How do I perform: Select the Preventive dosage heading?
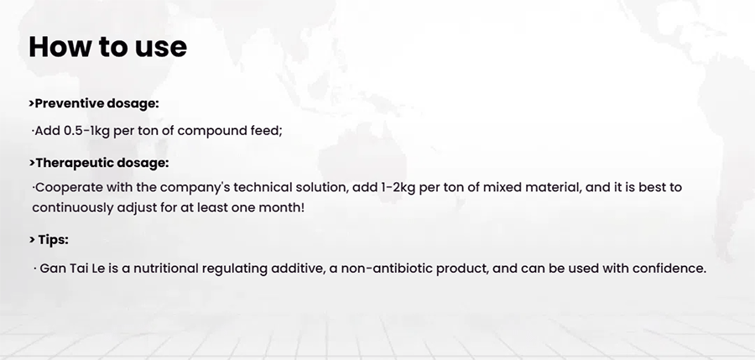point(94,103)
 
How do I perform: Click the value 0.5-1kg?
point(86,131)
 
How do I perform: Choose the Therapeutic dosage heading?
point(99,164)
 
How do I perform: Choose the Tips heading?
point(49,239)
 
